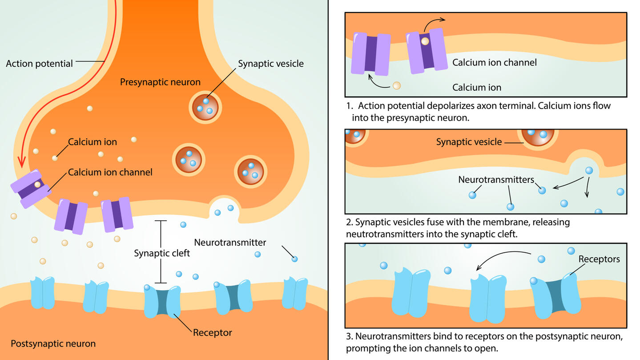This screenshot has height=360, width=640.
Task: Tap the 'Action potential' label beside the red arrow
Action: (39, 64)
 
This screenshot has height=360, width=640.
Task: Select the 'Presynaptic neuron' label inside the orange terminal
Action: (160, 82)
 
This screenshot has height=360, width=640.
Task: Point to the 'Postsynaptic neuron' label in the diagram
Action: (53, 344)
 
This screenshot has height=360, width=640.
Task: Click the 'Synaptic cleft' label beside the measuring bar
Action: (162, 253)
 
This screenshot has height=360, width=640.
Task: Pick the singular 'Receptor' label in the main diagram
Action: (212, 332)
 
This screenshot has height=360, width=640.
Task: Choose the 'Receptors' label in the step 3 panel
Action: (599, 259)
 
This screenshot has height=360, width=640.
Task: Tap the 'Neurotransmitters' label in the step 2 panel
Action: (496, 180)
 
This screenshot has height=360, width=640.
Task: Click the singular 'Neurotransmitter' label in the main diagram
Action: (230, 243)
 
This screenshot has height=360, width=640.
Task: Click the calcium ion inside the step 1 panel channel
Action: (425, 41)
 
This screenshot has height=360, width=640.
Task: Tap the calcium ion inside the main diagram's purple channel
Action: (37, 184)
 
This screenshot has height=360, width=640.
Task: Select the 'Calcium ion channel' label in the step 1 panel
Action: (494, 62)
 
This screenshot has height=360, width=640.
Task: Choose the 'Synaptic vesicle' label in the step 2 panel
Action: (469, 142)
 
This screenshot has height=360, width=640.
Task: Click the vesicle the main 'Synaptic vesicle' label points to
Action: (205, 107)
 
